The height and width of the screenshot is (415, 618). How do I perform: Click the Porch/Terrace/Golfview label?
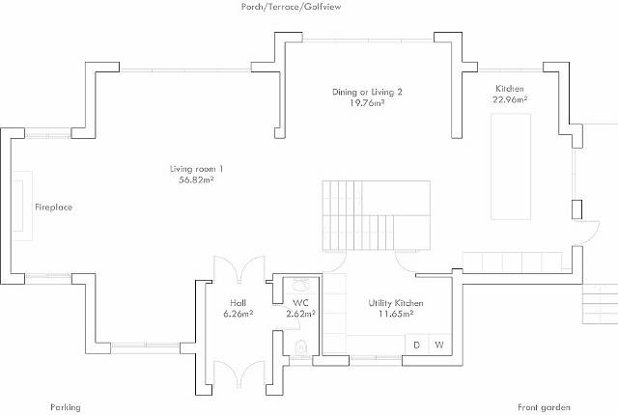[291, 7]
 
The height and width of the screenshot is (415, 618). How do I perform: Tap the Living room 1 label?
[196, 169]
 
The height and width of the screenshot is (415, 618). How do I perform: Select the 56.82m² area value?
[196, 180]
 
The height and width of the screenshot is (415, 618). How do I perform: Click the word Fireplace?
[54, 207]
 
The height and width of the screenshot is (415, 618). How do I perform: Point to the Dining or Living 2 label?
[367, 92]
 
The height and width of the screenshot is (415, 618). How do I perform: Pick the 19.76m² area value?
[367, 103]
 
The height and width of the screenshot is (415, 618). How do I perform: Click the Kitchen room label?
[510, 89]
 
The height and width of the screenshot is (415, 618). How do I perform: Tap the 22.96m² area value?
[510, 99]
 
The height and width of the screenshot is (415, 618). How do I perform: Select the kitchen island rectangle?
[511, 167]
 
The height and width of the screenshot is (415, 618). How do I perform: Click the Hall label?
[239, 303]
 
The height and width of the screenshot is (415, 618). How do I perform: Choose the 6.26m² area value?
[239, 314]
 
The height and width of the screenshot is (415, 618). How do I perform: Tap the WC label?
[300, 303]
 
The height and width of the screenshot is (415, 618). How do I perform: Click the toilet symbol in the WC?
[301, 347]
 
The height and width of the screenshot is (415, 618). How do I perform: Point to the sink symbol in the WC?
[301, 284]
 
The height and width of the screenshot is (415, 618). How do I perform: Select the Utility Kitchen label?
[396, 303]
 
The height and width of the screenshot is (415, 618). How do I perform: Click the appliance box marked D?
[416, 345]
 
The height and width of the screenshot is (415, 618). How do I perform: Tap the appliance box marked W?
[439, 345]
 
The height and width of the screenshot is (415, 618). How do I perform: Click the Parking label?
[66, 407]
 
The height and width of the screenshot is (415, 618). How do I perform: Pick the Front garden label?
[544, 407]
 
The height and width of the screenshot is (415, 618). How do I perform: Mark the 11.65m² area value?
[396, 314]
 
